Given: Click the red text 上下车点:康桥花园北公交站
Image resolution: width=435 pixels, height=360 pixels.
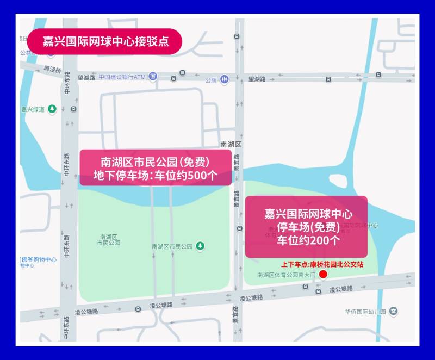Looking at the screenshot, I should [x=322, y=264].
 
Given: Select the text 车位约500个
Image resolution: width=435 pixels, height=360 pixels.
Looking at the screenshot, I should [x=185, y=175].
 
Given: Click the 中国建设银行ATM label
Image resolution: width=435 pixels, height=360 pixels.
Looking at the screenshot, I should [x=122, y=77].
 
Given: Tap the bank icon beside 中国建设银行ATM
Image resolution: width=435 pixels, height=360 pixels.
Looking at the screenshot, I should [x=153, y=76].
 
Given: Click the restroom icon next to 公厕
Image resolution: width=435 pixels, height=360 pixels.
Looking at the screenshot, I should [x=224, y=79].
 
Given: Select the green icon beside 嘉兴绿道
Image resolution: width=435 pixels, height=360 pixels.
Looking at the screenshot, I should [x=52, y=109].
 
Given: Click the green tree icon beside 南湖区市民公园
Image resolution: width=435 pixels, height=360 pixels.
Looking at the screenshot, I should [x=201, y=246].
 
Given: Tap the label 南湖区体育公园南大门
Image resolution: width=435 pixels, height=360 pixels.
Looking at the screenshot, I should [x=285, y=275].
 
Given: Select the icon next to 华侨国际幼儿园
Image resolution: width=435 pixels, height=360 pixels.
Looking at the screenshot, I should [x=394, y=312].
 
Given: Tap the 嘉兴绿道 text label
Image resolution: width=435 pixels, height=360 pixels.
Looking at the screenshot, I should [x=33, y=109].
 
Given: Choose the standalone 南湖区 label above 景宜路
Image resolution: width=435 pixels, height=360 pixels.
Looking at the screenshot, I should [x=231, y=144].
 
